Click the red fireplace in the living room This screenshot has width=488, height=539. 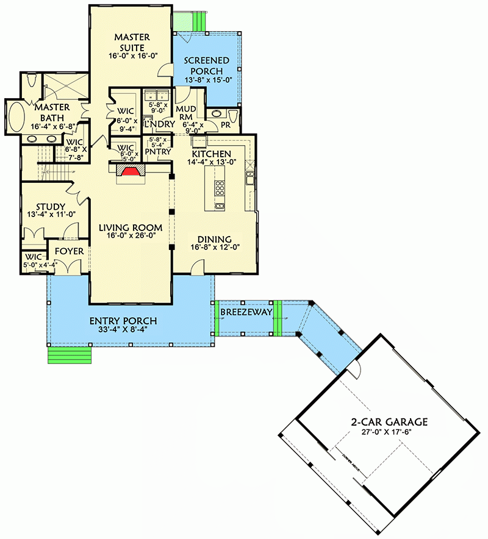point(129,173)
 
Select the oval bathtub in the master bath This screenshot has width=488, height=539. point(15,118)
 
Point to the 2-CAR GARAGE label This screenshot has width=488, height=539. point(389,421)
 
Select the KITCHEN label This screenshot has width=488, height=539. point(212,154)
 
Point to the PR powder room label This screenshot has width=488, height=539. point(224,124)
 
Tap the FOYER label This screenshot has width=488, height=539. point(70,251)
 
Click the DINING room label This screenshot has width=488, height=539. point(213,239)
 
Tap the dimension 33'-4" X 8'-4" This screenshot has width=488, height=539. point(123,330)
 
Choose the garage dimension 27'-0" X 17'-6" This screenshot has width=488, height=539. point(389,432)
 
